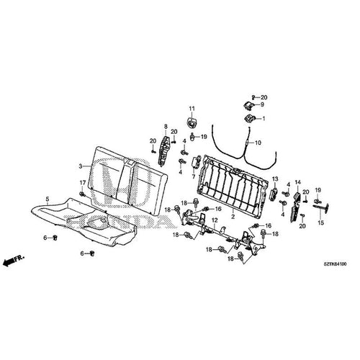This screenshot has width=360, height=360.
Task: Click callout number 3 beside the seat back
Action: (81, 166)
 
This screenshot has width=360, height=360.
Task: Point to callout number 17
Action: (82, 183)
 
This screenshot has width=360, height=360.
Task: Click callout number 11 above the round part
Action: (192, 108)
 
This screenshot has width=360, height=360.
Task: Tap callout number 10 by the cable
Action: (258, 143)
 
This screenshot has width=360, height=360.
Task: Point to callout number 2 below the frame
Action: (233, 216)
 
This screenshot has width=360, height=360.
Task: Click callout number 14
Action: (297, 182)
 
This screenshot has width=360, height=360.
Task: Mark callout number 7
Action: (194, 176)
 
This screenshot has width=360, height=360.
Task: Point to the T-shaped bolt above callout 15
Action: (322, 208)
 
